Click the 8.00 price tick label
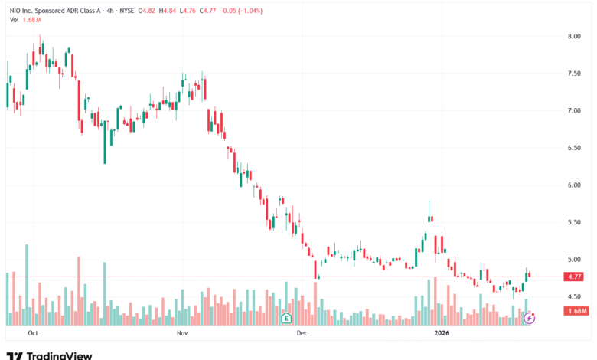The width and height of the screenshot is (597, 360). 574,36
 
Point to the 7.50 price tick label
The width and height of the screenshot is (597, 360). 574,74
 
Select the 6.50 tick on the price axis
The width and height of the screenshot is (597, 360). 574,148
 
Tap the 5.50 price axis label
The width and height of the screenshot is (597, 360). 574,222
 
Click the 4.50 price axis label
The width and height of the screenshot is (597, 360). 574,296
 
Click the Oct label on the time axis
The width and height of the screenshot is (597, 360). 33,333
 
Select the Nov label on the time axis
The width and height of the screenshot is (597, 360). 182,333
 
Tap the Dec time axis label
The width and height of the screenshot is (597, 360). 302,333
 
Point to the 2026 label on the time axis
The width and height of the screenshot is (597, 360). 441,333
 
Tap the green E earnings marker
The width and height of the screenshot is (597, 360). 287,317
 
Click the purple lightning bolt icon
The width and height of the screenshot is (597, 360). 528,317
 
